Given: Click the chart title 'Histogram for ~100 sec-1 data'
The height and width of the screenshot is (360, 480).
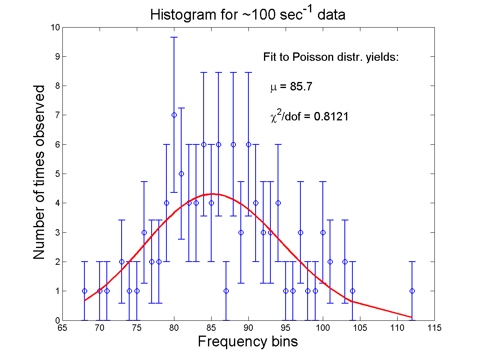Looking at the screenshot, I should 248,15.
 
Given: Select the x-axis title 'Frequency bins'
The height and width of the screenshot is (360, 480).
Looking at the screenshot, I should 248,342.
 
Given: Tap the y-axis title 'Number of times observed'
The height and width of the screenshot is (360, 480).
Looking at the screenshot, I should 39,172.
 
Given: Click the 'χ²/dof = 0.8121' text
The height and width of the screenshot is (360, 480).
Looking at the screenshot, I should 308,116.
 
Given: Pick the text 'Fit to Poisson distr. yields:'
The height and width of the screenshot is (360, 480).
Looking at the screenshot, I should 331,57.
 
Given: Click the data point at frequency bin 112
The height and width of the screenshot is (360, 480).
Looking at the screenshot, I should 412,291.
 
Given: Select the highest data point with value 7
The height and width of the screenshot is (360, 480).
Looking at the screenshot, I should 174,115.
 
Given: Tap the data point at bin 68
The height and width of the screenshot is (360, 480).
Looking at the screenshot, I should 84,291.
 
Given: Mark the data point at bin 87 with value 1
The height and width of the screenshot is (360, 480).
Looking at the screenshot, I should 226,291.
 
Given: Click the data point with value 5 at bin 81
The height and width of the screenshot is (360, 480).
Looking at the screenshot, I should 181,174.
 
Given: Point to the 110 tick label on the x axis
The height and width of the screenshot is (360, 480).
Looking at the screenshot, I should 397,328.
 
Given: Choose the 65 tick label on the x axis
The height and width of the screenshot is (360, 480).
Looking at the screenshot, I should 62,328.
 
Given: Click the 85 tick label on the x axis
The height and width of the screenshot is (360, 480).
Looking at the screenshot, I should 211,328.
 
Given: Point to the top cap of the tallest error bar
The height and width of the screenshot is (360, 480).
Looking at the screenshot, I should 174,37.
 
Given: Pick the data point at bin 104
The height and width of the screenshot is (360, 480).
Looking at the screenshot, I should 352,291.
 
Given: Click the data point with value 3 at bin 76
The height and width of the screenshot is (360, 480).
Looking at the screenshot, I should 144,232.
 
